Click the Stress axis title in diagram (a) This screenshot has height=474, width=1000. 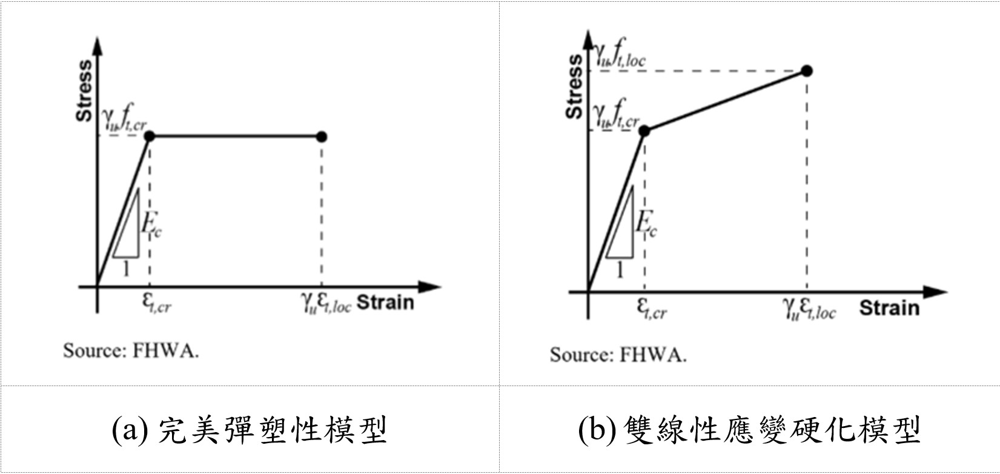coord(84,90)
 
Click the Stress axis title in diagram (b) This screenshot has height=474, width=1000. coord(574,86)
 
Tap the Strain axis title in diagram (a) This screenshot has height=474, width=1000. coord(385,302)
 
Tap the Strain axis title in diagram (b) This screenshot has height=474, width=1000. coord(889,308)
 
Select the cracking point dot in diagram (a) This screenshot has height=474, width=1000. coord(150,136)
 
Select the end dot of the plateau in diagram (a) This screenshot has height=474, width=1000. coord(322,136)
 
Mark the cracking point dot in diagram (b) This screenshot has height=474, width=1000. coord(644,131)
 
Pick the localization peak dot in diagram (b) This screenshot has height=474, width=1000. coord(807,71)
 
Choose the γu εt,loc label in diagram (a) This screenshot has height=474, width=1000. coord(326,303)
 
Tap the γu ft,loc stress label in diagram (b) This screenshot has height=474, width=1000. coord(619,56)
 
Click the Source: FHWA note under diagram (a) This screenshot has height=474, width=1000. coord(131,351)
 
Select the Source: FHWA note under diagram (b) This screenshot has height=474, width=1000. coord(618,355)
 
